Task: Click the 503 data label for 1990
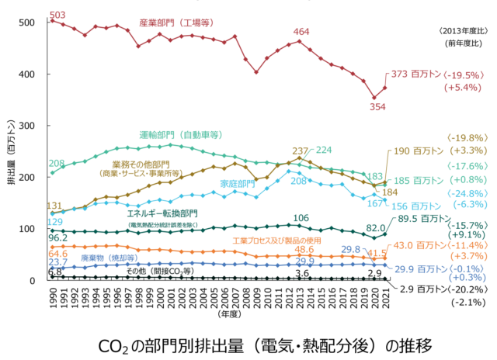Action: [x=58, y=15]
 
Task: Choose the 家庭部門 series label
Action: [x=238, y=184]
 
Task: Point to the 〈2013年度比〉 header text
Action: [x=462, y=30]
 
